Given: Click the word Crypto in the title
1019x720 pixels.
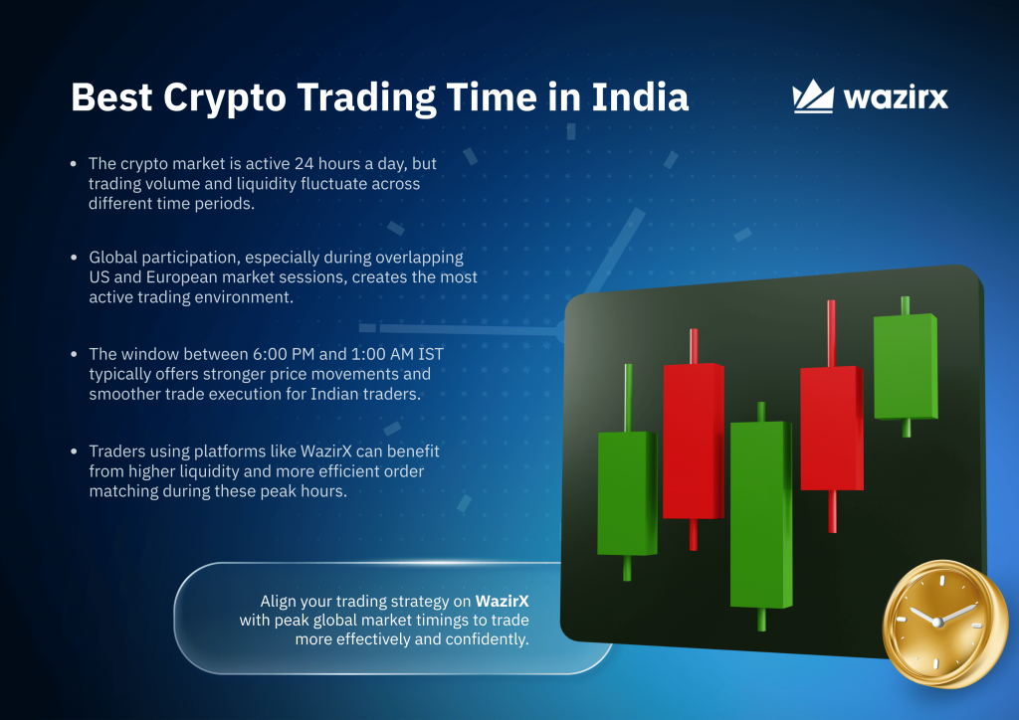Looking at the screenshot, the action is (224, 98).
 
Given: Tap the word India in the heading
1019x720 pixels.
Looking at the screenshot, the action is (640, 97).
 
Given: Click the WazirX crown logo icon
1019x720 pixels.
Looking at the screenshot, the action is (813, 96).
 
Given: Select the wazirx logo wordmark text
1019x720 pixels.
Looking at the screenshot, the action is (896, 97).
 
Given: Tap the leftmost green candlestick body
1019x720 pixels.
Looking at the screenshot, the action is (627, 493).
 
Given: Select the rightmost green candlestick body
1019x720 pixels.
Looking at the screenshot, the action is (906, 367).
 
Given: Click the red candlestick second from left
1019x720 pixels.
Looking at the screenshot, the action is (694, 441).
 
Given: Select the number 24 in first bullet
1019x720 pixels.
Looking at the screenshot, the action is (304, 164).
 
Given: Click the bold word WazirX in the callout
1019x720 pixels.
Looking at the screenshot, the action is (502, 602).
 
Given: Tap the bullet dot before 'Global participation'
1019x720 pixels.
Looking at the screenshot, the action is (74, 258).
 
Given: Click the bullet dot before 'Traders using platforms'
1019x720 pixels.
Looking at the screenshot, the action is (74, 451).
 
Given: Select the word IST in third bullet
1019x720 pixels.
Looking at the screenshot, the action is (431, 354).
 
